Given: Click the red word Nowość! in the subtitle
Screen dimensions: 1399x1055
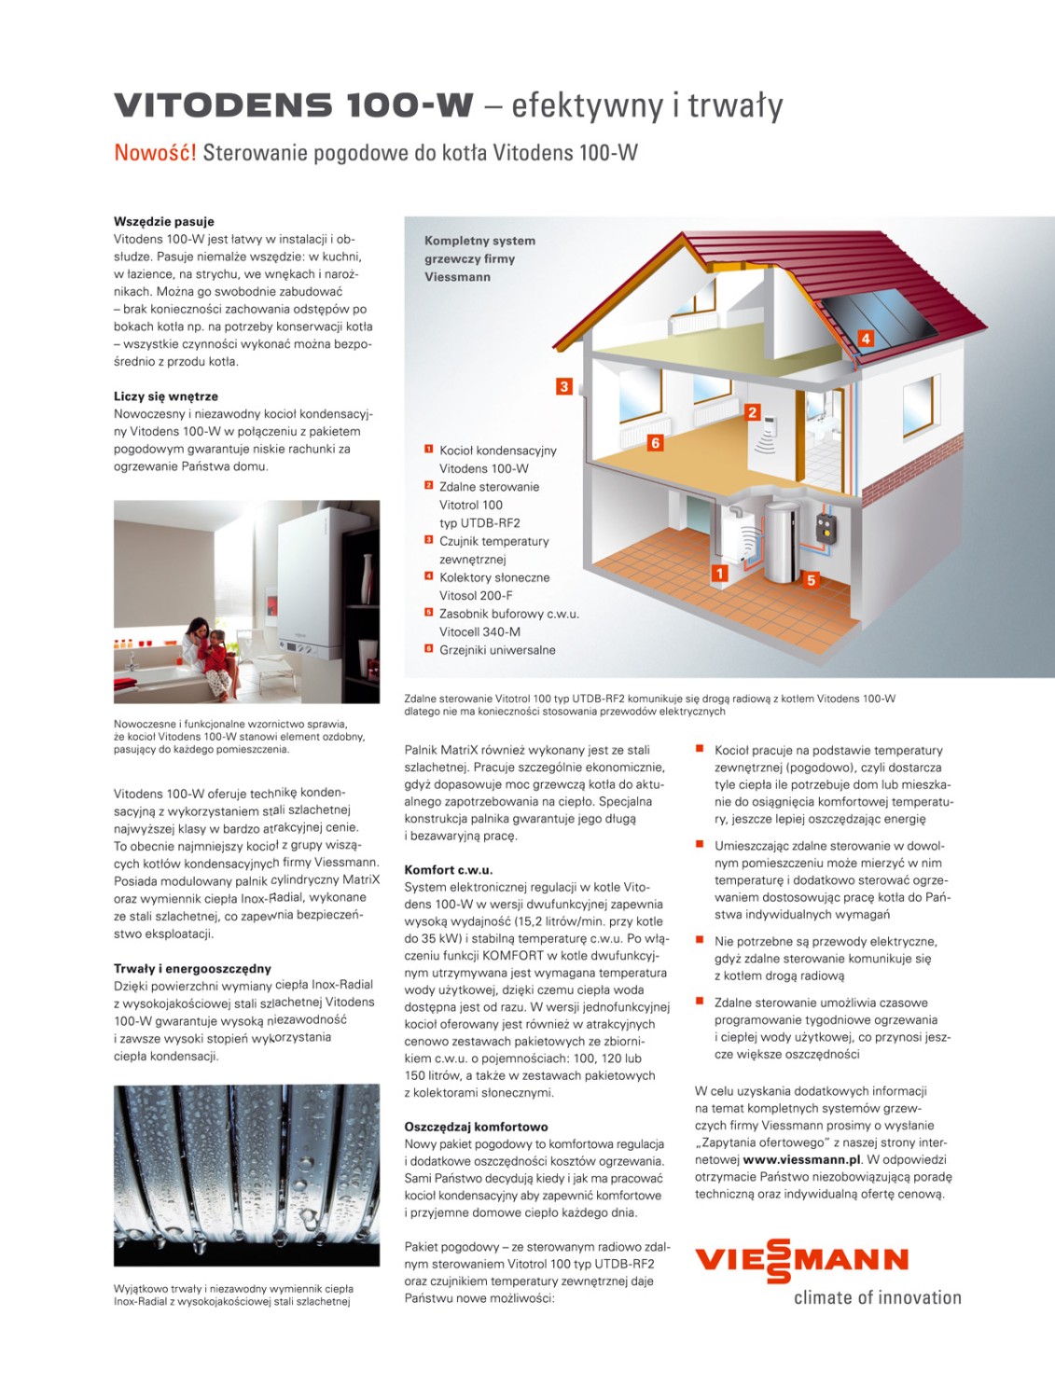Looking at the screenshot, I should [x=155, y=152].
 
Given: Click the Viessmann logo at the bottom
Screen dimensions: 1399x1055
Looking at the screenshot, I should [x=801, y=1260].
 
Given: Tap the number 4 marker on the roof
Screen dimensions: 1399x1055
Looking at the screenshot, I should [x=866, y=339].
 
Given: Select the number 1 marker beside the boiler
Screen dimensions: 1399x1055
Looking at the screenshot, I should [x=719, y=574].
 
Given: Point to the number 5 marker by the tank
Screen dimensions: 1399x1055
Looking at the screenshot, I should [x=811, y=580].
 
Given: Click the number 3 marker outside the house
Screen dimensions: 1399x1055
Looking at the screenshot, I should [x=563, y=386].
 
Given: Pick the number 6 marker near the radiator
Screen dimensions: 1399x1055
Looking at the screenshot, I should [x=655, y=443].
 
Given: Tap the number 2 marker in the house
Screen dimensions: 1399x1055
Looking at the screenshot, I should [x=753, y=412].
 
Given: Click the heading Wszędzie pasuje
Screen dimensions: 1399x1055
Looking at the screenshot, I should [x=164, y=222].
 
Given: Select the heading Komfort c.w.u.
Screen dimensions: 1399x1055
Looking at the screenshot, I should [x=449, y=870].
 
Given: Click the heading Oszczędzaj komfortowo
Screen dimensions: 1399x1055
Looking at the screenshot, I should [x=476, y=1127].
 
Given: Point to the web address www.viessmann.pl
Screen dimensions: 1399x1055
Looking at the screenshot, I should [x=801, y=1159].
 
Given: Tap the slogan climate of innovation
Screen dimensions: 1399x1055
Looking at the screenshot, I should [x=877, y=1297].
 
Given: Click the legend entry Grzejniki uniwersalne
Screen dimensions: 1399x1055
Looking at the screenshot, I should [x=497, y=650].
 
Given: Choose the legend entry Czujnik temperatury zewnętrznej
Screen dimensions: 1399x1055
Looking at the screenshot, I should [x=493, y=550].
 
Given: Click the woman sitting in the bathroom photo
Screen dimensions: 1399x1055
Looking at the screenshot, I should [x=198, y=644].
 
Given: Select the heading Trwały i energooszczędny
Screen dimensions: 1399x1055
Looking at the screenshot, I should [x=192, y=968].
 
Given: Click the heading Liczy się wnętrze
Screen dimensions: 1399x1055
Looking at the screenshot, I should [x=166, y=396].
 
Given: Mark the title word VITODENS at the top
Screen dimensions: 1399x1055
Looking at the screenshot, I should [x=222, y=105].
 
